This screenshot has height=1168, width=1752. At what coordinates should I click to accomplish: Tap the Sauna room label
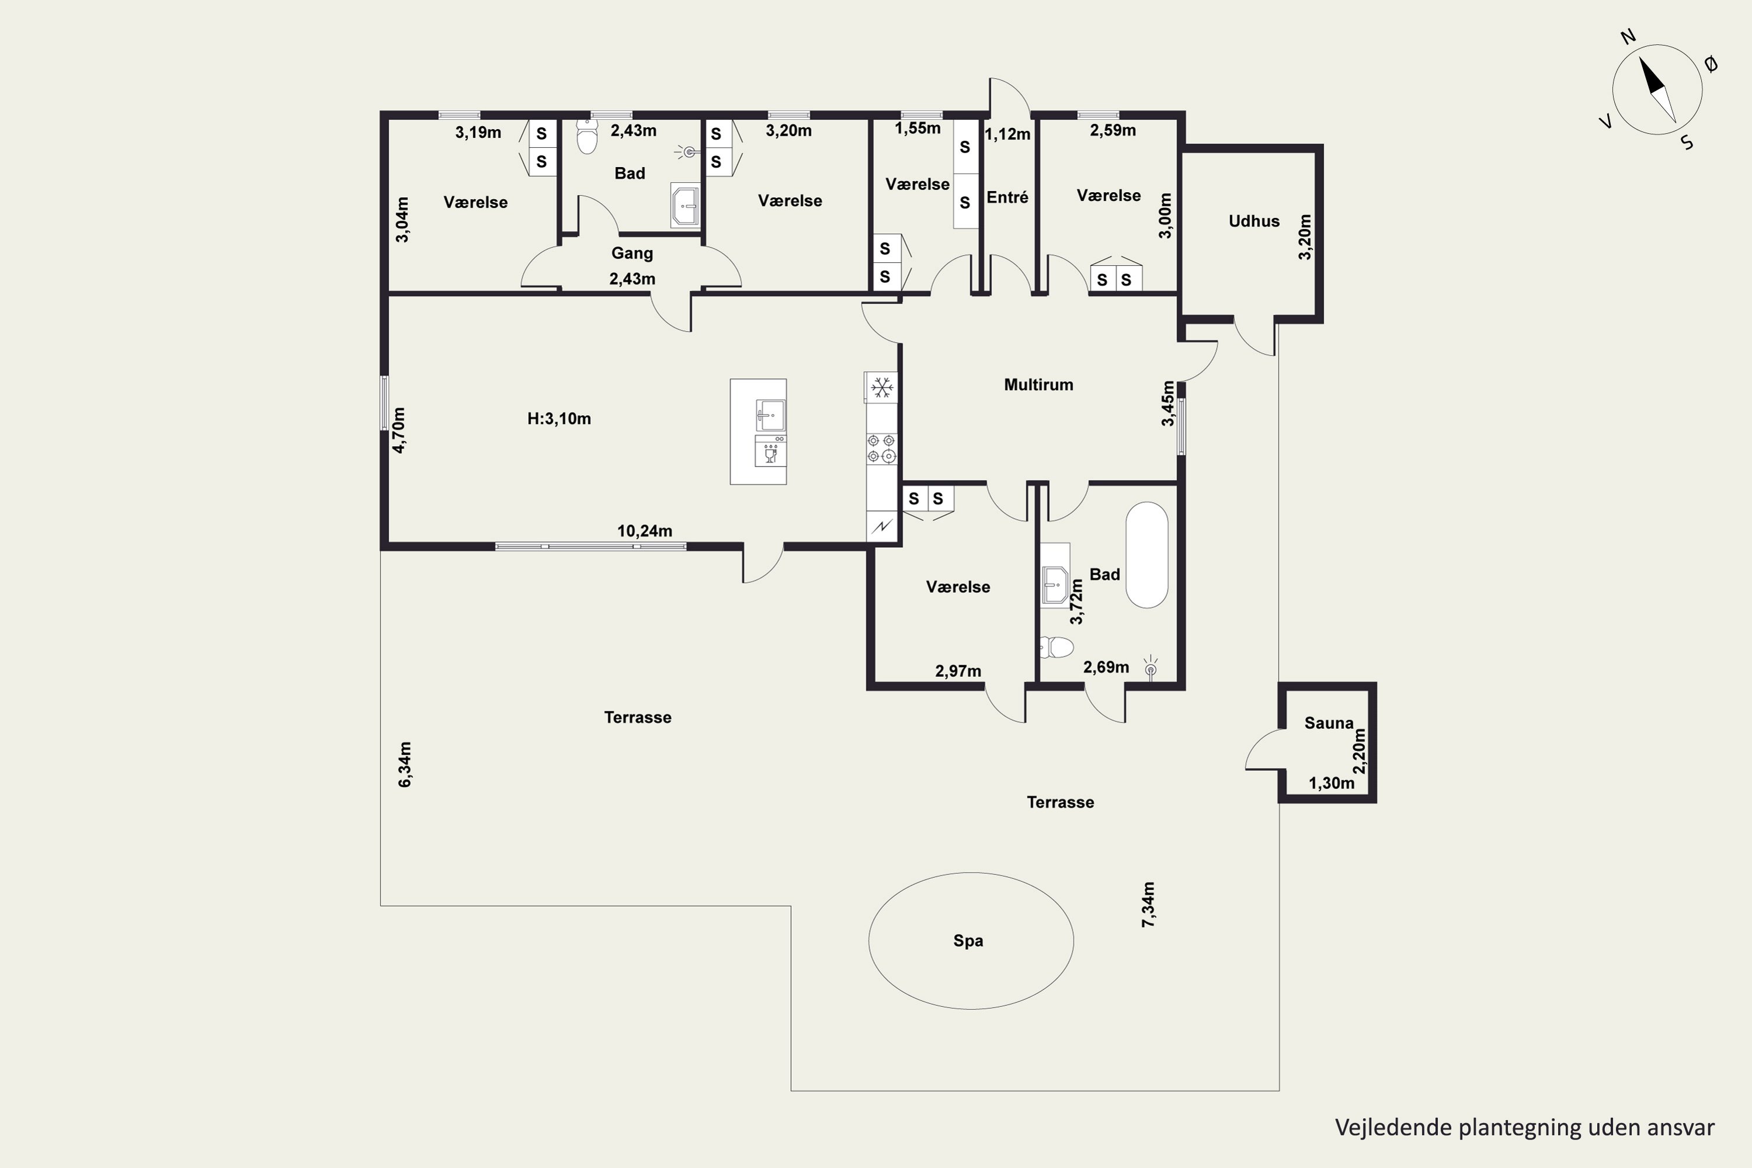click(1329, 722)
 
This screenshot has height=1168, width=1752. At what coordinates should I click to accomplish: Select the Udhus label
click(1254, 221)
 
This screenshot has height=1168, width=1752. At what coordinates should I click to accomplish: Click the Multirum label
click(1038, 384)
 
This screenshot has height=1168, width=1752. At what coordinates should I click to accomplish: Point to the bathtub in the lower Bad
click(1146, 555)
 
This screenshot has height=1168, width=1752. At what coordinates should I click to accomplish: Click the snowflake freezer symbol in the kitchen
click(882, 387)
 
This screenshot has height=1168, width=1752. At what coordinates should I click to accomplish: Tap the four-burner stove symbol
click(881, 449)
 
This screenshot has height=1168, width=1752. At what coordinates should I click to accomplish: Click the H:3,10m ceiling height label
click(559, 419)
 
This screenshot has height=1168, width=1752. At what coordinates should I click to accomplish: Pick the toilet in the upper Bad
click(587, 136)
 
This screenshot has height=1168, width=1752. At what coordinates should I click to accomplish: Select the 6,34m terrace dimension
click(405, 764)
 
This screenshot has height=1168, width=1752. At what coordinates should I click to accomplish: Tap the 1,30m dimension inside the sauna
click(1331, 783)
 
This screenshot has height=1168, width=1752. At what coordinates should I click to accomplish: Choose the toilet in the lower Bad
click(1056, 647)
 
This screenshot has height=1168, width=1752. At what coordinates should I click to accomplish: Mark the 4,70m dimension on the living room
click(399, 430)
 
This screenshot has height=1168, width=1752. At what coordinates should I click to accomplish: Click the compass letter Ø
click(1711, 65)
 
